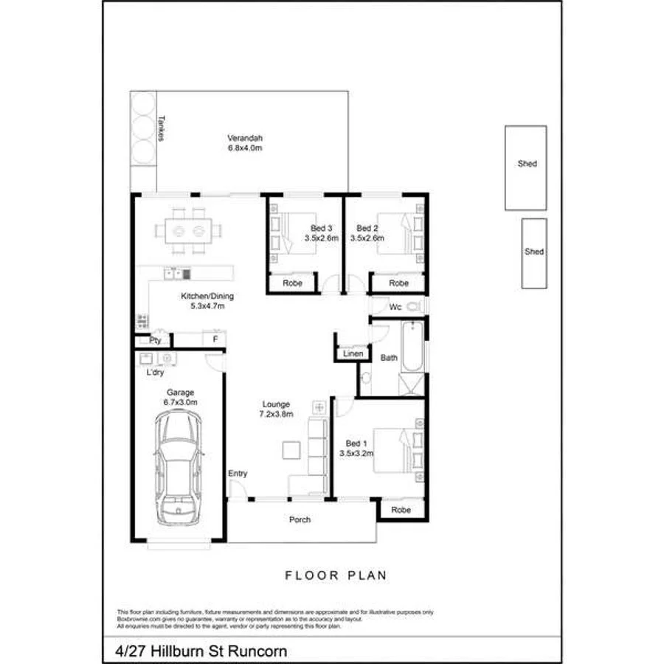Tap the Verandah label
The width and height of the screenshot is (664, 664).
tap(245, 143)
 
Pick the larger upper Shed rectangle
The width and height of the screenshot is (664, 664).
tap(527, 167)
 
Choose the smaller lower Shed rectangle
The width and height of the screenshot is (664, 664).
tap(534, 253)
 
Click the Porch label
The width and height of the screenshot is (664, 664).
tap(300, 519)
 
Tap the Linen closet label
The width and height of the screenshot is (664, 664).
tap(353, 355)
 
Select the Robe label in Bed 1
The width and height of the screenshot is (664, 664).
tap(401, 510)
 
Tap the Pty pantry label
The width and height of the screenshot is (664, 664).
tap(155, 341)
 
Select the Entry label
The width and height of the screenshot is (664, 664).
tap(238, 474)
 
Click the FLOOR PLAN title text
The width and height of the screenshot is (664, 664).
tap(336, 575)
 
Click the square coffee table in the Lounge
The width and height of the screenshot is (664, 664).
tap(290, 450)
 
